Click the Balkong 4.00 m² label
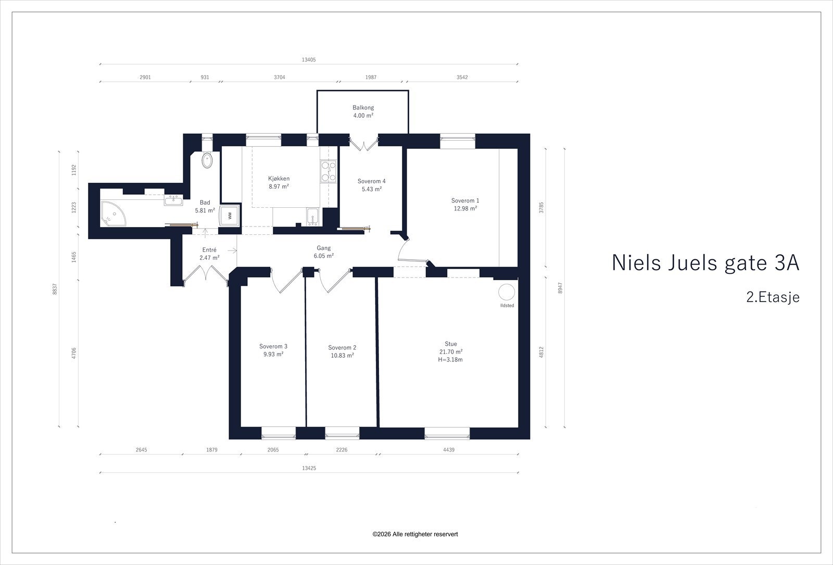tap(363, 111)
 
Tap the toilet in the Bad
tap(207, 160)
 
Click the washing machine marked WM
tap(229, 215)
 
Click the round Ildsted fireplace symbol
tap(507, 292)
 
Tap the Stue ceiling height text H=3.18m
tap(450, 359)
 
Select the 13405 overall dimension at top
tap(308, 60)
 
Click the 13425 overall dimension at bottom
tap(309, 468)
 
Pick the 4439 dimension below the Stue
tap(448, 450)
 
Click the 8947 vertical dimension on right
tap(560, 288)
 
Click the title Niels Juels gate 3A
tap(705, 263)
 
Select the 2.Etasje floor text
tap(772, 297)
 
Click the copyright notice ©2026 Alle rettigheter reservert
tap(415, 534)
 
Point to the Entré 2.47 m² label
tap(209, 254)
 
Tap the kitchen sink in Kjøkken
tap(312, 215)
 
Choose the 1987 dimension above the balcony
tap(371, 77)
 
